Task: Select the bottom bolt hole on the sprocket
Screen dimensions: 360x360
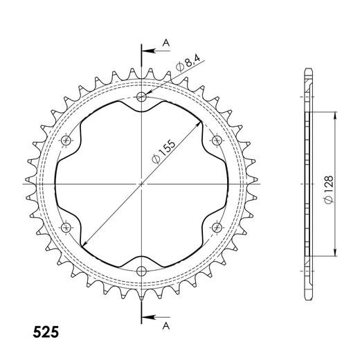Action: (x=142, y=270)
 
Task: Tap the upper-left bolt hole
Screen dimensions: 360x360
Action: (x=67, y=141)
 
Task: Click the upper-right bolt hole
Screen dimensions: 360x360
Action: (x=217, y=141)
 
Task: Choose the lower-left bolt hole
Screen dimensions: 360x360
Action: (x=67, y=227)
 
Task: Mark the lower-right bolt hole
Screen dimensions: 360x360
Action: (x=217, y=227)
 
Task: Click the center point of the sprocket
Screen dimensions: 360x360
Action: (x=142, y=183)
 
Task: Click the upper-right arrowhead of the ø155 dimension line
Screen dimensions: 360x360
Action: (x=201, y=123)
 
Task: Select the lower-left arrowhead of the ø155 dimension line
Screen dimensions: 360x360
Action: (x=82, y=244)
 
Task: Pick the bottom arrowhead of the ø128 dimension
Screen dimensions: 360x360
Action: (x=336, y=253)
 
